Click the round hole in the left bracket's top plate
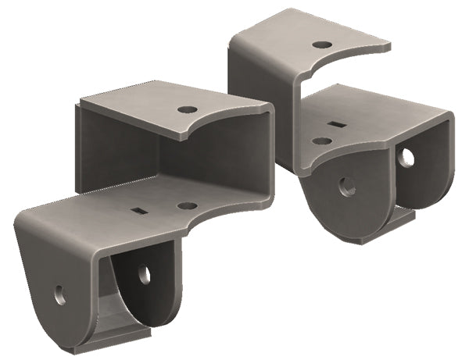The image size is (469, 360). (187, 109)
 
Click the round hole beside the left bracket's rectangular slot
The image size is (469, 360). (187, 206)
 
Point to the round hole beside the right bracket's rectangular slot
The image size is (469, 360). (321, 141)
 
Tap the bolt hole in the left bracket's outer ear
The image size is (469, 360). (60, 294)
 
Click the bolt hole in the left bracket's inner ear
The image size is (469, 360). (144, 273)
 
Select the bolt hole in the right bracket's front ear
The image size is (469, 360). (347, 186)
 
